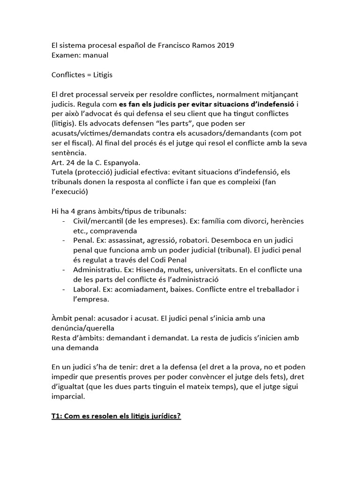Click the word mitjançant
[x=277, y=94]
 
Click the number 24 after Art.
[x=71, y=163]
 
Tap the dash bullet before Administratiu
[x=63, y=270]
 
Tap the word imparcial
[x=68, y=397]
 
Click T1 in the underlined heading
[x=57, y=416]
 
